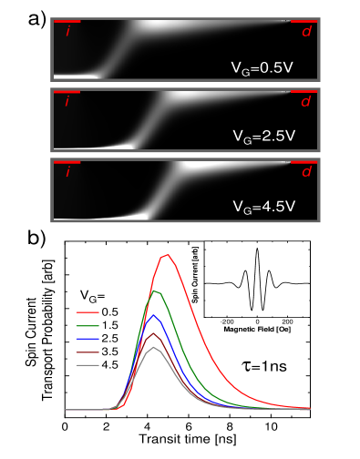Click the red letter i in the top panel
pos(67,32)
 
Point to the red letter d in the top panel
pos(305,31)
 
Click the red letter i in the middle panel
pos(67,102)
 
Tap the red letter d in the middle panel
pos(305,101)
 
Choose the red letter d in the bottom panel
pos(305,171)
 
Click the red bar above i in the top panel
pos(67,21)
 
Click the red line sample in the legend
pos(87,311)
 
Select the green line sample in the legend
pos(87,325)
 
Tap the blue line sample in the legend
pos(87,338)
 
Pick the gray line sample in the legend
pos(87,365)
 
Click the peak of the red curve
pos(167,255)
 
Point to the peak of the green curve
pos(157,291)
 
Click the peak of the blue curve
pos(155,315)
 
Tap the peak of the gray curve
pos(153,348)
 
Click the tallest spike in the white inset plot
pos(258,249)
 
